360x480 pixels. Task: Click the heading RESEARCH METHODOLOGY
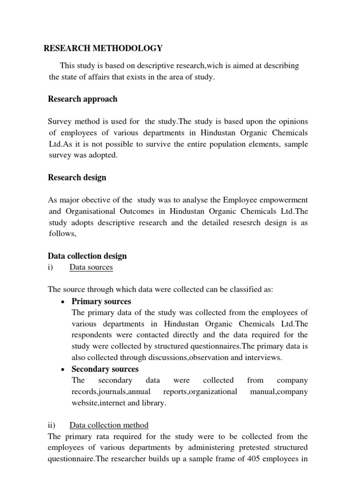[103, 48]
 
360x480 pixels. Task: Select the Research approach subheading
[83, 99]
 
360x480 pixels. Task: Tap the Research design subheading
[77, 177]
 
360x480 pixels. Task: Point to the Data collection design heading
[87, 256]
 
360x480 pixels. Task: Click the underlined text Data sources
[91, 267]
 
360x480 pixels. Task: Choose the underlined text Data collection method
[109, 425]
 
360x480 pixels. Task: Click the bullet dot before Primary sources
[62, 302]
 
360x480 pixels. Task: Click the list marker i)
[51, 267]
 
